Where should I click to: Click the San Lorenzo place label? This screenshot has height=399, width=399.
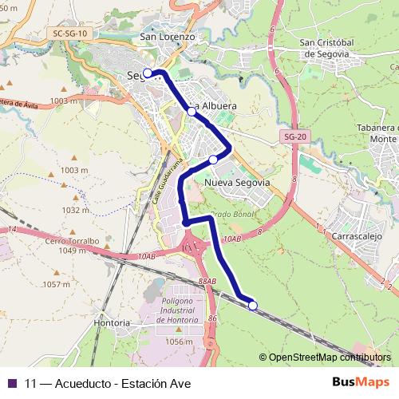(167, 37)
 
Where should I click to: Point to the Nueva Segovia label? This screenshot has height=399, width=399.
(237, 183)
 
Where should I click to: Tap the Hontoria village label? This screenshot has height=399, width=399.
(112, 323)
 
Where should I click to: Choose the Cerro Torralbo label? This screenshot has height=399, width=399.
(72, 240)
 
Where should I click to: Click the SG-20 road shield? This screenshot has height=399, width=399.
(294, 137)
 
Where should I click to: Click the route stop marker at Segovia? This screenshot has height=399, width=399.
(148, 73)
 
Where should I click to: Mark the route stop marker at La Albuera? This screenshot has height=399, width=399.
(192, 112)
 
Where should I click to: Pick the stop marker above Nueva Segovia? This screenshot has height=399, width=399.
(213, 160)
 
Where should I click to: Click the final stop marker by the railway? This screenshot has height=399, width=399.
(253, 305)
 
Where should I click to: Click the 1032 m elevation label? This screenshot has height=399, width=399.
(77, 210)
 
